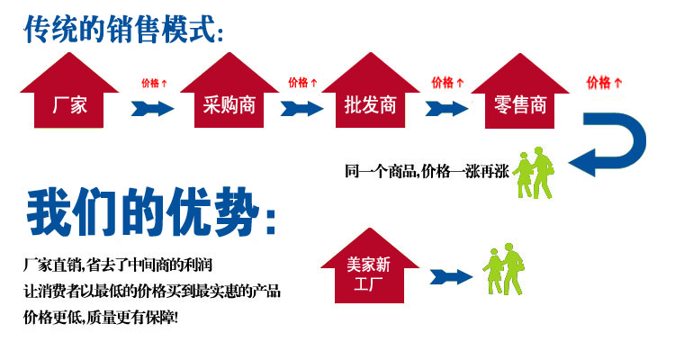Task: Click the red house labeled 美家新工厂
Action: tap(369, 268)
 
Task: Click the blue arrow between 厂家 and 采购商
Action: tap(152, 108)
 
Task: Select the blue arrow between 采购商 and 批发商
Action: tap(301, 108)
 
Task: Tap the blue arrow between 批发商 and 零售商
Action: tap(446, 108)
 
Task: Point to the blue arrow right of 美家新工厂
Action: tap(451, 277)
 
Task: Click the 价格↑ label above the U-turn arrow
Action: tap(604, 82)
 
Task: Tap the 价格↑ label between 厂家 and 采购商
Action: tap(154, 83)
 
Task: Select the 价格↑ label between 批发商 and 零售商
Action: tap(447, 82)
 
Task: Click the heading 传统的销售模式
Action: tap(124, 30)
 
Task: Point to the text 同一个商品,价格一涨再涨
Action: tap(427, 171)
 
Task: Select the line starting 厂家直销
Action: tap(118, 265)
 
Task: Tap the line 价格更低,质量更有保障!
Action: tap(100, 318)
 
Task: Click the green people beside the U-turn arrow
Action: tap(533, 173)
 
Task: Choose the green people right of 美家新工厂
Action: tap(503, 270)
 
